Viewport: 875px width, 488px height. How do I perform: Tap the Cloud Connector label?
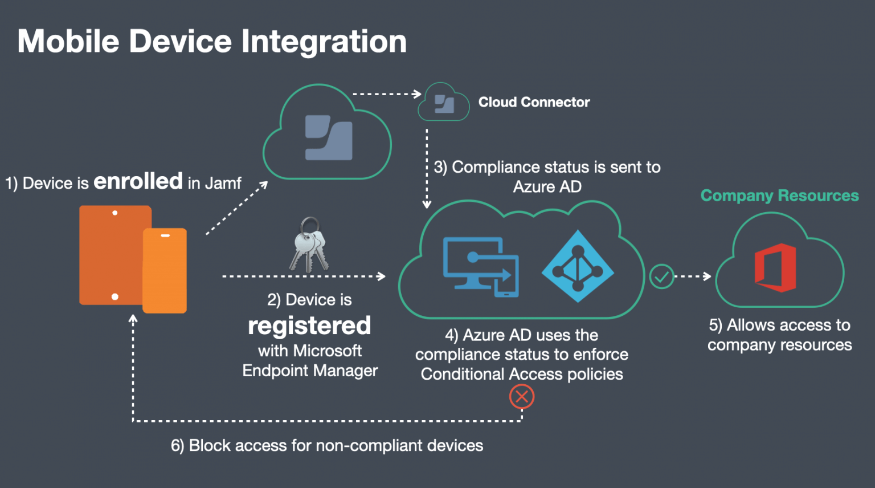pos(534,102)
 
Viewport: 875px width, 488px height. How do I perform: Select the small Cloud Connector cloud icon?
pos(444,103)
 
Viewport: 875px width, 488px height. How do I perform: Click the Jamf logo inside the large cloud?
pos(328,138)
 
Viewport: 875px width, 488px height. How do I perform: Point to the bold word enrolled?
pos(138,181)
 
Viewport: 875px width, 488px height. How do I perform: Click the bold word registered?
pos(309,326)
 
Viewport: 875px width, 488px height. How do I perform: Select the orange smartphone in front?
pos(165,270)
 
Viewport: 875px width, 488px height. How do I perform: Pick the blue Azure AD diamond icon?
pos(578,266)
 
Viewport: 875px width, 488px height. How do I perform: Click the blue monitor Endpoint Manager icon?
pos(480,267)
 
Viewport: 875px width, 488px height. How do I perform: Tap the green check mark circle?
pos(661,276)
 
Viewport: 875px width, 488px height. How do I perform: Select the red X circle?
pos(521,397)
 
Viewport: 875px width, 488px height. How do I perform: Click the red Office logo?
pos(775,267)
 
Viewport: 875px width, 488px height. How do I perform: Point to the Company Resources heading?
pos(779,196)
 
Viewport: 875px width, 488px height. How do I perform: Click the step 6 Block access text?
pos(327,445)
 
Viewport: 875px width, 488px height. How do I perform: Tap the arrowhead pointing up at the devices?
pos(133,319)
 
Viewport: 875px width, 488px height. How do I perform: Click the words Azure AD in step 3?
pos(547,186)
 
